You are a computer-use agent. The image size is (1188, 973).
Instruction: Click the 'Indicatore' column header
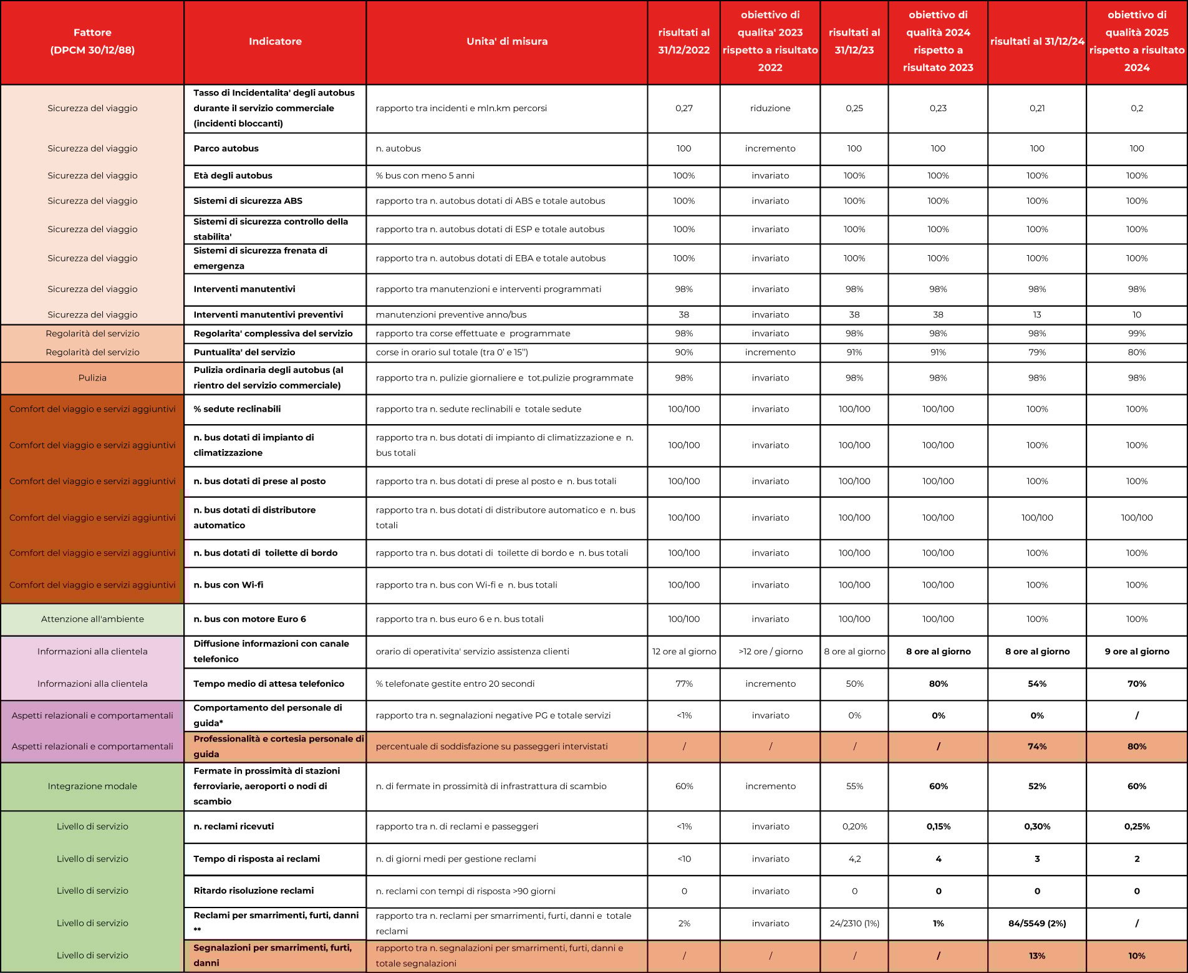pos(275,41)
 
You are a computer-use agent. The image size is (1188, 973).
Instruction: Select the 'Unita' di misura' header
pos(507,41)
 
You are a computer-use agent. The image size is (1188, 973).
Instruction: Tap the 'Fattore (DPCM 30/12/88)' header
pos(92,41)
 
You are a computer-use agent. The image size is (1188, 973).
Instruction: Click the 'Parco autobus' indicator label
pos(226,148)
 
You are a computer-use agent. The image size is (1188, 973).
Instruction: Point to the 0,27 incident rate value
pos(683,108)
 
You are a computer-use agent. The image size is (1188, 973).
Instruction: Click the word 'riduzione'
pos(770,108)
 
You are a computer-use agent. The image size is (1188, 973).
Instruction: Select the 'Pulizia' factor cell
pos(92,378)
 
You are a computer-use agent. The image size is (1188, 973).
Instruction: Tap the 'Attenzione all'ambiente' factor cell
pos(92,619)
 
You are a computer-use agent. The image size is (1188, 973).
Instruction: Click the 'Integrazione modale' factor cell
pos(92,786)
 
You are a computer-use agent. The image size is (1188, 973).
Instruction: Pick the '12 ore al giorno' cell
pos(684,651)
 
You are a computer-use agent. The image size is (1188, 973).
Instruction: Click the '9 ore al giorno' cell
pos(1137,651)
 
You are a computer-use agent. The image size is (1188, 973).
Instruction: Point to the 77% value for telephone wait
pos(684,684)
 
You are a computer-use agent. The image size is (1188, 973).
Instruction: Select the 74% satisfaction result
pos(1037,746)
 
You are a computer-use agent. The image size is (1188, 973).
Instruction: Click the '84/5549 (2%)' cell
pos(1037,923)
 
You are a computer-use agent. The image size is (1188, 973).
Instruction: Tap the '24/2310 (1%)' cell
pos(854,923)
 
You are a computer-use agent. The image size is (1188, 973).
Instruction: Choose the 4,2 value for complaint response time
pos(854,859)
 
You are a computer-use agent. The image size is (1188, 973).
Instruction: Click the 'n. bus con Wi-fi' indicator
pos(228,585)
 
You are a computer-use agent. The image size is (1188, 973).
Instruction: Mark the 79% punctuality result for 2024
pos(1037,352)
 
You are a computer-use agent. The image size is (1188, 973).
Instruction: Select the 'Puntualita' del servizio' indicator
pos(244,352)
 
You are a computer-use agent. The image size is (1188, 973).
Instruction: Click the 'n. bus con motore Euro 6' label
pos(249,619)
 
